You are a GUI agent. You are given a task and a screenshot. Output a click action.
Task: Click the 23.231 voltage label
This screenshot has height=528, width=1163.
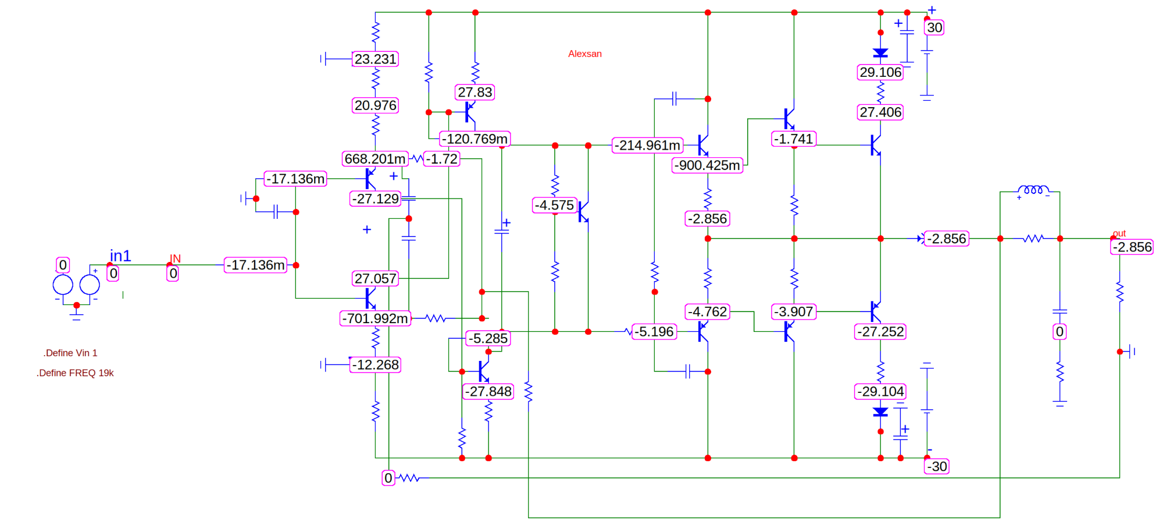376,59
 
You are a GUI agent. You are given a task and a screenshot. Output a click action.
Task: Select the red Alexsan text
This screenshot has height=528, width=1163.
584,54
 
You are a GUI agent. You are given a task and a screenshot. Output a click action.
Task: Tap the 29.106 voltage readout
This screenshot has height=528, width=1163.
880,72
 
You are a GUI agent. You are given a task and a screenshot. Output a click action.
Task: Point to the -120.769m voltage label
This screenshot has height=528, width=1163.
475,139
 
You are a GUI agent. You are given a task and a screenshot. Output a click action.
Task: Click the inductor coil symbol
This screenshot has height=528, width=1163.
1033,190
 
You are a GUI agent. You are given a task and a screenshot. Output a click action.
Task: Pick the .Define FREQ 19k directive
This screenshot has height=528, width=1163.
75,373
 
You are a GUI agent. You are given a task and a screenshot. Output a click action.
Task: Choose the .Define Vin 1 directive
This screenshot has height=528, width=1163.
70,353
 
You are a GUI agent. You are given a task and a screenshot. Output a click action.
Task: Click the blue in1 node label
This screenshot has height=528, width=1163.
120,256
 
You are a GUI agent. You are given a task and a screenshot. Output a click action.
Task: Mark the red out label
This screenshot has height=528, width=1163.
1119,233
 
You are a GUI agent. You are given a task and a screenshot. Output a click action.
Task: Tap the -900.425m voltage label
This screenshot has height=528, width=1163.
707,165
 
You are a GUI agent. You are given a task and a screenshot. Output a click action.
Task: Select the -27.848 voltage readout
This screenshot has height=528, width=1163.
488,392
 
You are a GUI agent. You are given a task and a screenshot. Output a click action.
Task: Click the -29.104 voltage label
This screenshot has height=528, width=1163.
880,392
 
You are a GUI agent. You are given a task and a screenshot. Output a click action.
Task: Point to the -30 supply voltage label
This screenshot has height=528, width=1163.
937,466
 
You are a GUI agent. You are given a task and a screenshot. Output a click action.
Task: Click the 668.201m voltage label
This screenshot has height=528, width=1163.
375,159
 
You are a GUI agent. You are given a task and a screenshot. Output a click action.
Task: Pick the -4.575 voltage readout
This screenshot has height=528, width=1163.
555,205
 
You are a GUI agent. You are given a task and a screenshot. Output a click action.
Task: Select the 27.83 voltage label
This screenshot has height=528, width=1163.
475,92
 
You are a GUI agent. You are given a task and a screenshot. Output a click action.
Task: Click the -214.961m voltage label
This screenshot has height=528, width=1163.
648,146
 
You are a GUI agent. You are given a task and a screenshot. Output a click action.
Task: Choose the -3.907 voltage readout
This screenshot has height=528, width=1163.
794,312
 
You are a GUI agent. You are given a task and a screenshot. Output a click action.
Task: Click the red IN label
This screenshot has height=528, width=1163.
175,258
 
